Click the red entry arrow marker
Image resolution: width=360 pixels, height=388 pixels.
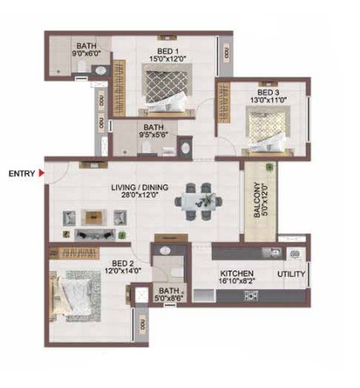(41, 173)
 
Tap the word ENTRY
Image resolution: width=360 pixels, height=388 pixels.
(21, 174)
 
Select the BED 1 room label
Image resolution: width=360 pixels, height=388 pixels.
(168, 51)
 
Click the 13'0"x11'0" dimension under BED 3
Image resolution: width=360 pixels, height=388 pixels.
(269, 100)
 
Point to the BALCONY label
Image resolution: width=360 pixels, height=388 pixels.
(257, 199)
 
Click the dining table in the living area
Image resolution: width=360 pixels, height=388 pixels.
(199, 202)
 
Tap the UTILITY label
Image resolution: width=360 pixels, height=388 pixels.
(291, 274)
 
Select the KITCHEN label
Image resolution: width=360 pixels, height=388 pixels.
(237, 273)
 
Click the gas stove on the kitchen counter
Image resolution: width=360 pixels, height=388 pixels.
(251, 297)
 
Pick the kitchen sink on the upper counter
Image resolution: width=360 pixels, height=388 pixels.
(272, 252)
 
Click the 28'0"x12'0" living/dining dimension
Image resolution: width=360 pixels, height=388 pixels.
(140, 194)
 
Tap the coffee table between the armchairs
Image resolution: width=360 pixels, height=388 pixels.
(94, 217)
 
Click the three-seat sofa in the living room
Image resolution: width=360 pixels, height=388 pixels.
(95, 235)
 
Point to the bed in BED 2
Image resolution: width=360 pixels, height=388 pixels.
(73, 296)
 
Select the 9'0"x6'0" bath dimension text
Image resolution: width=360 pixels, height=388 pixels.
(86, 53)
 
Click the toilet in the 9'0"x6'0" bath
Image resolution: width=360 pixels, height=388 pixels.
(82, 66)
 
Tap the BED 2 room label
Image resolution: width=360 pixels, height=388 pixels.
(123, 264)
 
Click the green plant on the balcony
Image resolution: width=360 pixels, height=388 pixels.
(269, 167)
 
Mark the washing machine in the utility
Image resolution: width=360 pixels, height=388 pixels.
(295, 253)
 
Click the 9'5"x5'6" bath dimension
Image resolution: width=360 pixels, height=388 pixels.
(153, 134)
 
